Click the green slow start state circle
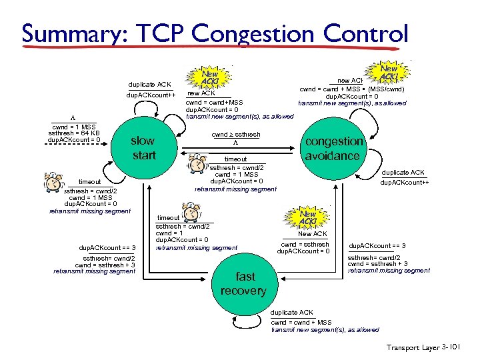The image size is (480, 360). pyautogui.click(x=143, y=148)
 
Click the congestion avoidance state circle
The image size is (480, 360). pyautogui.click(x=333, y=148)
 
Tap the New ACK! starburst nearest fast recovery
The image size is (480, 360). pyautogui.click(x=307, y=217)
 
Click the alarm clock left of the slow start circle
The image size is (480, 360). pyautogui.click(x=55, y=182)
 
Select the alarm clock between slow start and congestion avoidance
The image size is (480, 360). pyautogui.click(x=198, y=163)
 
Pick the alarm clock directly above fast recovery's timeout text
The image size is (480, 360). pyautogui.click(x=191, y=213)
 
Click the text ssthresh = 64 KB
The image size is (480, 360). pyautogui.click(x=73, y=133)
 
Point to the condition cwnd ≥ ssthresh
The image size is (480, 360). pyautogui.click(x=235, y=135)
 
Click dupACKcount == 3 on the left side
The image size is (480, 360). pyautogui.click(x=107, y=247)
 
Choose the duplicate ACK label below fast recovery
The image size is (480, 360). pyautogui.click(x=292, y=312)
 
